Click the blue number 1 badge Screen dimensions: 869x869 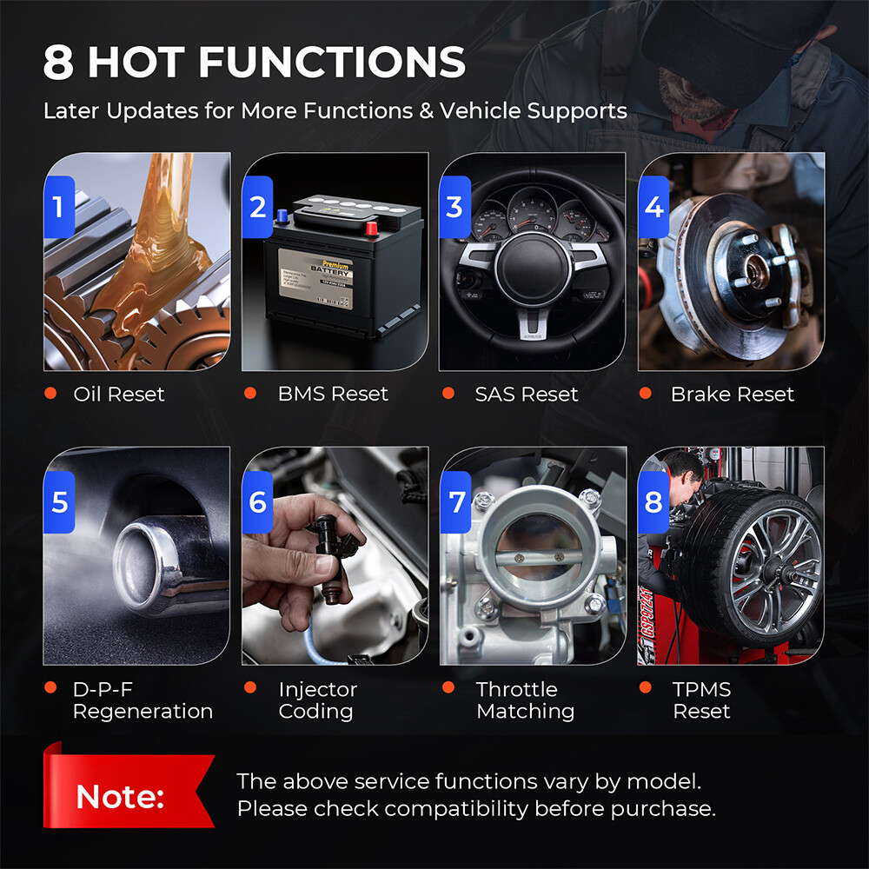58,207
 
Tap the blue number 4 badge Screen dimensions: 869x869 653,207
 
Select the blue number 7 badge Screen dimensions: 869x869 456,502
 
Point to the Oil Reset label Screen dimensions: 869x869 118,394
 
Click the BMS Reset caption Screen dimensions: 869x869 333,394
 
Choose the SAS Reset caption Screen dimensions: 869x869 526,394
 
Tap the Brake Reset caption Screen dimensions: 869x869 732,394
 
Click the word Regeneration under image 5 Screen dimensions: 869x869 143,711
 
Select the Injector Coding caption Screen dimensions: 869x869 317,700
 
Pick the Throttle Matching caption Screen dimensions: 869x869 525,700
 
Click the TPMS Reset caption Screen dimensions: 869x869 701,700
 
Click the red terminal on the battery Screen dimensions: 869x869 372,229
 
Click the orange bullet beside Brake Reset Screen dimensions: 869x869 646,394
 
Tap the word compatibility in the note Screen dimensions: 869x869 456,808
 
